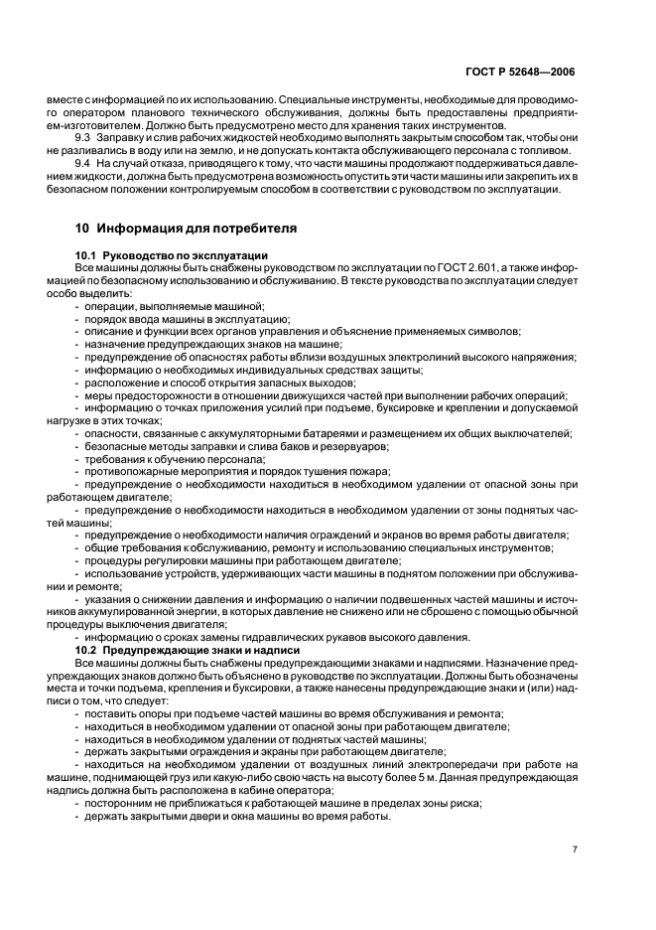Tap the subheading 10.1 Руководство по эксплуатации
click(171, 255)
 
